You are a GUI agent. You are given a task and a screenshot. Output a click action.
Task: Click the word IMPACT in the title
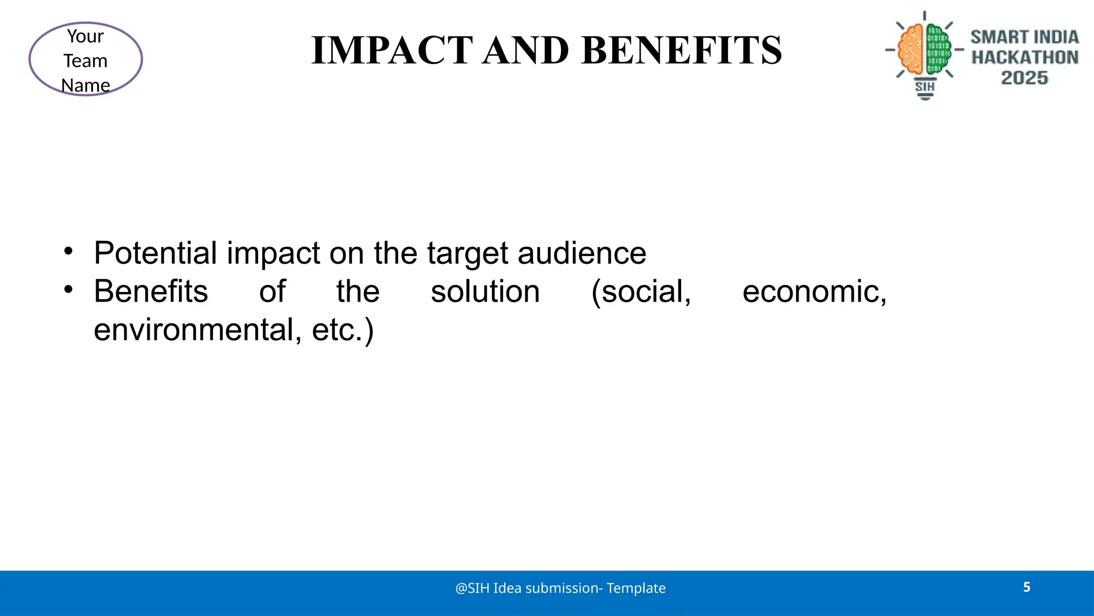(x=392, y=50)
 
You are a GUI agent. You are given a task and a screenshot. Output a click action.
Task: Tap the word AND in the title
(x=526, y=50)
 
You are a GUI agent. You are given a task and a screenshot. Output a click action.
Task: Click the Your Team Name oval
(x=85, y=59)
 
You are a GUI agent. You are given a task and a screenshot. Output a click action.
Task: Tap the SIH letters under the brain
(x=925, y=87)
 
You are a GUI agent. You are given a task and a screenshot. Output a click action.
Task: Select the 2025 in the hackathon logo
(x=1024, y=78)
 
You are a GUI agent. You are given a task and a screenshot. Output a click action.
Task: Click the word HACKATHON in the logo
(x=1025, y=57)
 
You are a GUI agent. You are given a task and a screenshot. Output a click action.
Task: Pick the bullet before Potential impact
(x=68, y=251)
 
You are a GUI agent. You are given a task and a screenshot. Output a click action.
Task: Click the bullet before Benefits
(x=68, y=290)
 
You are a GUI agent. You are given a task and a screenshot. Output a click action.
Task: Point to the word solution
(x=485, y=292)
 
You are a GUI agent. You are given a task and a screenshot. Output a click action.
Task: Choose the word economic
(x=814, y=292)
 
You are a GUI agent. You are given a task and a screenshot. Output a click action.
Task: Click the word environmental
(x=194, y=330)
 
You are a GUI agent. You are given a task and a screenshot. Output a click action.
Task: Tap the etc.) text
(x=342, y=330)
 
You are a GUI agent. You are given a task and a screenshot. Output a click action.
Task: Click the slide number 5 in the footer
(x=1027, y=587)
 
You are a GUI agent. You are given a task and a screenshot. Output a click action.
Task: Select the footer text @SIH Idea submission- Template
(x=560, y=588)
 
